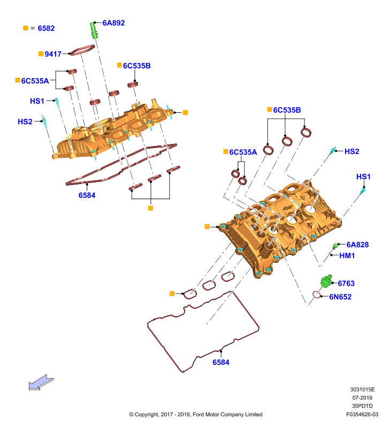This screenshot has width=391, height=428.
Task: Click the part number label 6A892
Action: pyautogui.click(x=113, y=23)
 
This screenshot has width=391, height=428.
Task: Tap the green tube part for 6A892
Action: pyautogui.click(x=94, y=31)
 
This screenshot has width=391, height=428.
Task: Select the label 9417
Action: pyautogui.click(x=53, y=54)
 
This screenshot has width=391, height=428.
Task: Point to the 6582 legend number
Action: pyautogui.click(x=46, y=28)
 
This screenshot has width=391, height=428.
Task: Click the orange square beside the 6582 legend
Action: pyautogui.click(x=26, y=28)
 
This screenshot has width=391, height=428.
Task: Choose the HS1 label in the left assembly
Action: pyautogui.click(x=37, y=101)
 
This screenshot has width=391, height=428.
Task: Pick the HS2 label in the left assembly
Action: pyautogui.click(x=25, y=122)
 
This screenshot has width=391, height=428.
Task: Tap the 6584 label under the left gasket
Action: pyautogui.click(x=87, y=195)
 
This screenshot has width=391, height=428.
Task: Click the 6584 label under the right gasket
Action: pyautogui.click(x=221, y=363)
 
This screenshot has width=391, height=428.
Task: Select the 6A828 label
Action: pyautogui.click(x=357, y=245)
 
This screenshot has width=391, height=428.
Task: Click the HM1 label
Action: pyautogui.click(x=347, y=256)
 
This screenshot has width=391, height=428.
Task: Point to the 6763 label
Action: pyautogui.click(x=346, y=284)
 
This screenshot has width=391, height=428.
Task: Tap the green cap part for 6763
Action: pyautogui.click(x=326, y=281)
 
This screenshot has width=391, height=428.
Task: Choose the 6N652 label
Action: pyautogui.click(x=340, y=297)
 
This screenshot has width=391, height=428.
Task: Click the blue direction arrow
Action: pyautogui.click(x=41, y=382)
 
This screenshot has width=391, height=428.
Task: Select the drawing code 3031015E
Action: pyautogui.click(x=362, y=389)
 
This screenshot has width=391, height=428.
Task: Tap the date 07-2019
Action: pyautogui.click(x=362, y=398)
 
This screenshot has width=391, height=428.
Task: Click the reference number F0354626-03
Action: pyautogui.click(x=362, y=414)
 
